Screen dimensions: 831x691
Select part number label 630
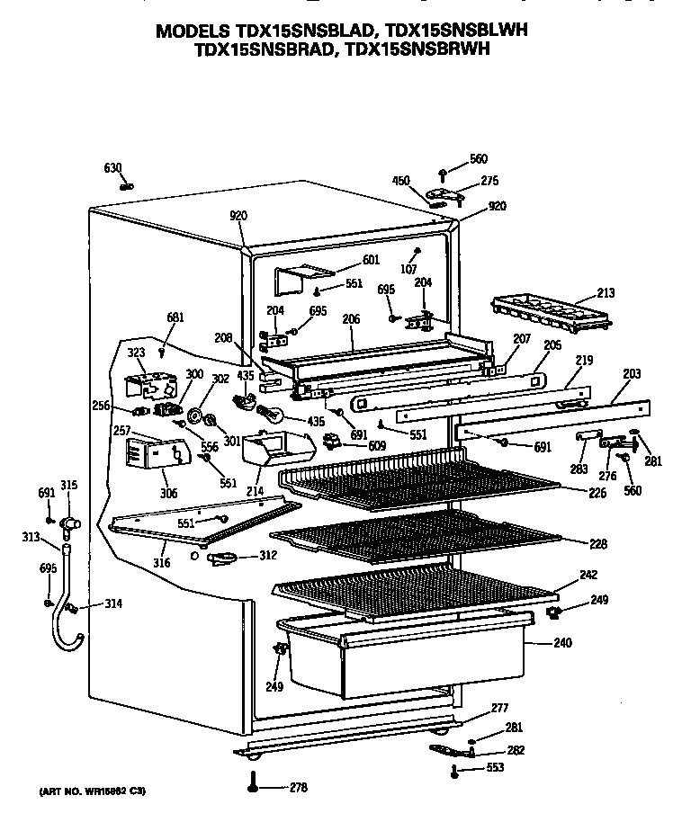pos(112,168)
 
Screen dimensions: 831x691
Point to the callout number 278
pos(298,789)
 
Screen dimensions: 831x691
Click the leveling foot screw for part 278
pos(253,785)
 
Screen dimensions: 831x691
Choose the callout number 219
pos(585,361)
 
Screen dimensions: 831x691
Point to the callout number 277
pos(498,710)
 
